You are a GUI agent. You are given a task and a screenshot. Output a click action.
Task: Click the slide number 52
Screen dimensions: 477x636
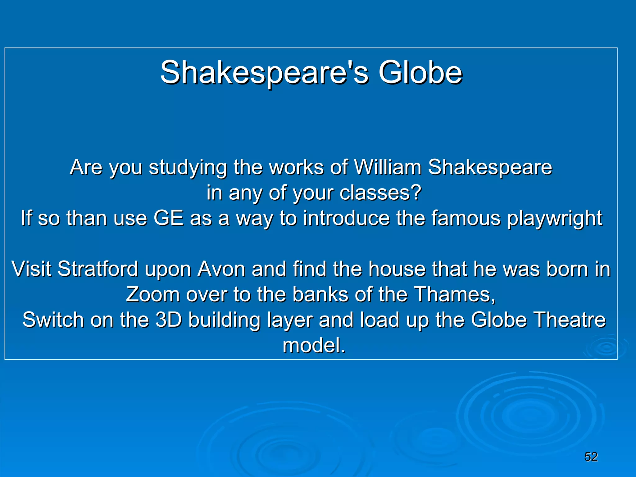[x=591, y=457]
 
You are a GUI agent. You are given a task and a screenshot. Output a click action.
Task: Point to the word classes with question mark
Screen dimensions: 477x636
[x=380, y=193]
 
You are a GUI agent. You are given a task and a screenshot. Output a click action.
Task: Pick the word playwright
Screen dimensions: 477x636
[x=555, y=219]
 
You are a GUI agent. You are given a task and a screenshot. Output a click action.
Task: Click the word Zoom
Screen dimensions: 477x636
[x=152, y=294]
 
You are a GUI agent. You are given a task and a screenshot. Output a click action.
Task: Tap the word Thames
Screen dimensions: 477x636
[x=455, y=294]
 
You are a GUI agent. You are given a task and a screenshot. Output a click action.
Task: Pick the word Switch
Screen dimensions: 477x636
[x=53, y=320]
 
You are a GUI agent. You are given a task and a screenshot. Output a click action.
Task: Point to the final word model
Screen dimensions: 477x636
[x=314, y=345]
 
